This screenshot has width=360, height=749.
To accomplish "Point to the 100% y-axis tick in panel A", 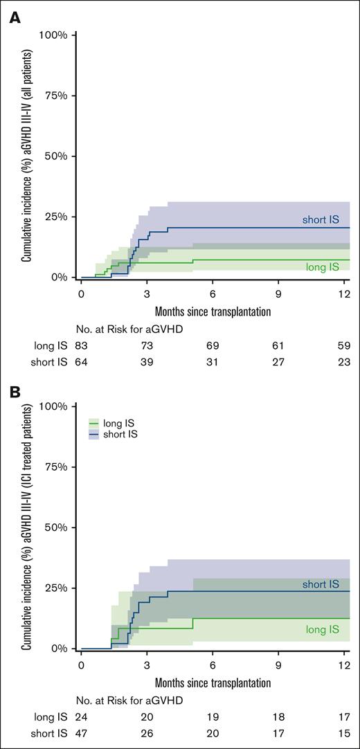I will (53, 35).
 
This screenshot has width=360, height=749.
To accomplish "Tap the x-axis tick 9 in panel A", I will (278, 293).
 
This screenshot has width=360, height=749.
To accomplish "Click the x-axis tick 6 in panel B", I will (213, 665).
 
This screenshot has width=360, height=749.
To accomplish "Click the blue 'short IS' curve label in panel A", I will (321, 219).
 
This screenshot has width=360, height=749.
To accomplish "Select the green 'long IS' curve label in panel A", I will (323, 267).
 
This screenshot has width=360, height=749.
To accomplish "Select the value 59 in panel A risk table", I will (344, 344).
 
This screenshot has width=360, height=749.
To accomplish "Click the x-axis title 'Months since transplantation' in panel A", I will (213, 311).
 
